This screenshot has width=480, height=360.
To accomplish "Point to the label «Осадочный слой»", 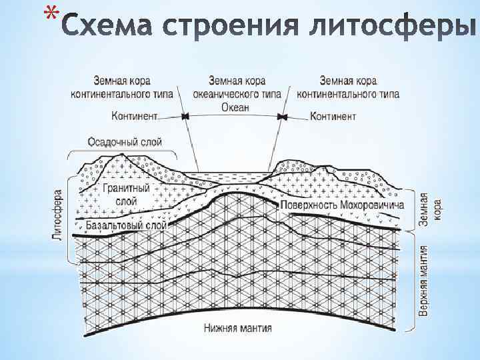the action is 125,141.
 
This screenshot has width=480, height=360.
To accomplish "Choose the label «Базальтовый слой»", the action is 127,226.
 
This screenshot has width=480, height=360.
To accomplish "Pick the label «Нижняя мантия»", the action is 238,328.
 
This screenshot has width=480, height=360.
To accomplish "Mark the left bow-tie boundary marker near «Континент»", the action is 185,117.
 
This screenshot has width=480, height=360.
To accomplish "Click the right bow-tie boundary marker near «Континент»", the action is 283,117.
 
